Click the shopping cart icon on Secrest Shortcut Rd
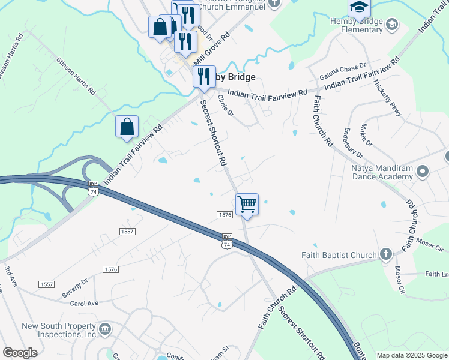(247, 205)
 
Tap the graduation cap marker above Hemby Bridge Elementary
(359, 8)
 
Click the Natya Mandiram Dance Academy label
(382, 173)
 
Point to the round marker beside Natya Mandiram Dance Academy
(423, 172)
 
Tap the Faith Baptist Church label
(339, 255)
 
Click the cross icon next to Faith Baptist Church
(385, 254)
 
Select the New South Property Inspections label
(59, 330)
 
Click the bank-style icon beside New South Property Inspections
(106, 329)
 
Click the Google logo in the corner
(20, 353)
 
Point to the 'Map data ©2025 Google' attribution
(412, 355)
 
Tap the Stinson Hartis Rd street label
(76, 76)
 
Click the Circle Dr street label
(225, 106)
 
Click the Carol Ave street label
(84, 304)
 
